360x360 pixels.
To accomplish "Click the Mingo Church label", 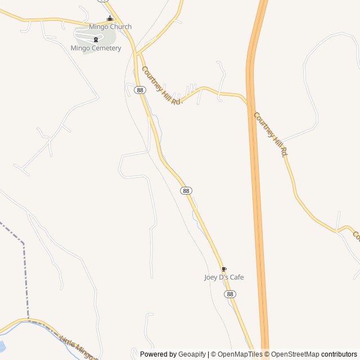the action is [x=110, y=26].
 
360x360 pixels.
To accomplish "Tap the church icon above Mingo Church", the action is [x=110, y=19].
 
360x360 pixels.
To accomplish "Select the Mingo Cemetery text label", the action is [x=96, y=48].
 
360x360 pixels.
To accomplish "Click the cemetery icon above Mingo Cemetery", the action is [x=96, y=39].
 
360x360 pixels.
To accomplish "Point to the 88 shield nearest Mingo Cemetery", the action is [x=140, y=90].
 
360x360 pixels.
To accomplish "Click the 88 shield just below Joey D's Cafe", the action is [x=229, y=294].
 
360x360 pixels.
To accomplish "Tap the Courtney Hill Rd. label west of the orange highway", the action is [x=162, y=85].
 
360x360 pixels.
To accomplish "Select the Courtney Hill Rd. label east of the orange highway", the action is [x=271, y=134].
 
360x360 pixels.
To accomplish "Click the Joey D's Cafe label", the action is [x=224, y=277].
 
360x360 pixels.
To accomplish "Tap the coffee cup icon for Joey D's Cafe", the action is [x=224, y=269].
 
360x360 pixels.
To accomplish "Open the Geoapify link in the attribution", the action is [x=192, y=354].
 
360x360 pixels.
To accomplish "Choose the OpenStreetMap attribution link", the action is [x=295, y=354].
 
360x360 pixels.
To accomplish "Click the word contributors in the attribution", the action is [x=339, y=354].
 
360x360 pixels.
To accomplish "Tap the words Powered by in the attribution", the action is [x=158, y=354].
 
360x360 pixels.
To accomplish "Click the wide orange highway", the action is [x=256, y=169].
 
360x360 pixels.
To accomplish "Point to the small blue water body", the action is [x=2, y=346].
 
